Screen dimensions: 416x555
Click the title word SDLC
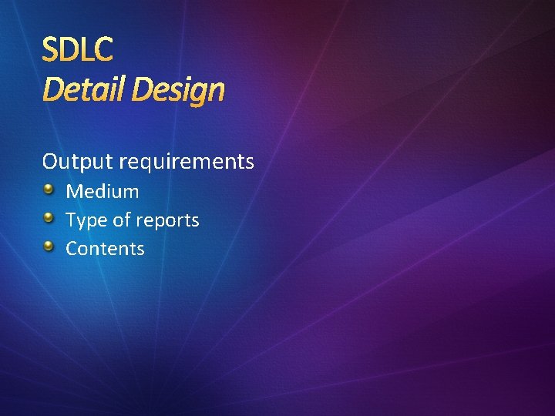click(78, 49)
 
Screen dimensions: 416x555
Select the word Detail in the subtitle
click(83, 90)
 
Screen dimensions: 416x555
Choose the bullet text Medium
click(103, 191)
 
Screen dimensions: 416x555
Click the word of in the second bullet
click(122, 220)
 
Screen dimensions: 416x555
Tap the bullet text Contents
click(105, 249)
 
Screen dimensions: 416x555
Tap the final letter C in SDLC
click(104, 49)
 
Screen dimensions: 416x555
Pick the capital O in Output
click(50, 162)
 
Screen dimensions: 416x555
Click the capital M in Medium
click(74, 191)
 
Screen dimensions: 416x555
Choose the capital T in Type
click(71, 220)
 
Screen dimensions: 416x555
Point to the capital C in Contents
click(72, 249)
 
